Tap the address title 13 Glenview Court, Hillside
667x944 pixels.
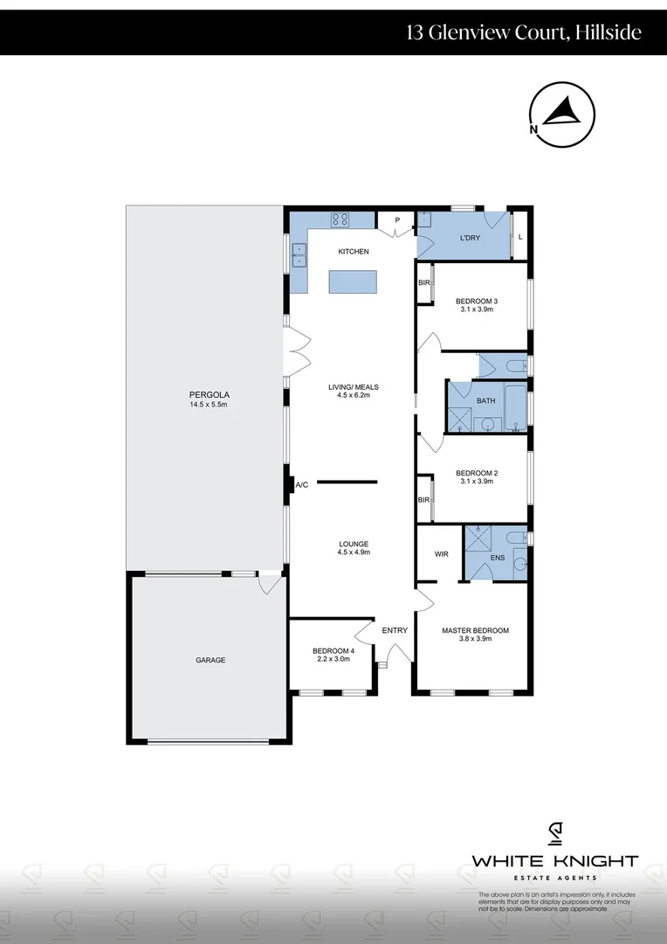524,33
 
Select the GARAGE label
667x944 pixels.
210,660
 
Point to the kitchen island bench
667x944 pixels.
354,281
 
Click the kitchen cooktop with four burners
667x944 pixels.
340,219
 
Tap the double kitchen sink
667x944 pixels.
299,253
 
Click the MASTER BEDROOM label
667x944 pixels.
475,630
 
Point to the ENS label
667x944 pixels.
499,557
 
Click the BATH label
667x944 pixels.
485,401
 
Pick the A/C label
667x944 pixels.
303,484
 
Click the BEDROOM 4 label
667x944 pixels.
331,650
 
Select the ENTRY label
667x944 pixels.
395,630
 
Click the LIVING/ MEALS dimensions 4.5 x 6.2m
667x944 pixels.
353,395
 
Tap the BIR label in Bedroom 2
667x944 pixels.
423,500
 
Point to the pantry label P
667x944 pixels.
397,220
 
